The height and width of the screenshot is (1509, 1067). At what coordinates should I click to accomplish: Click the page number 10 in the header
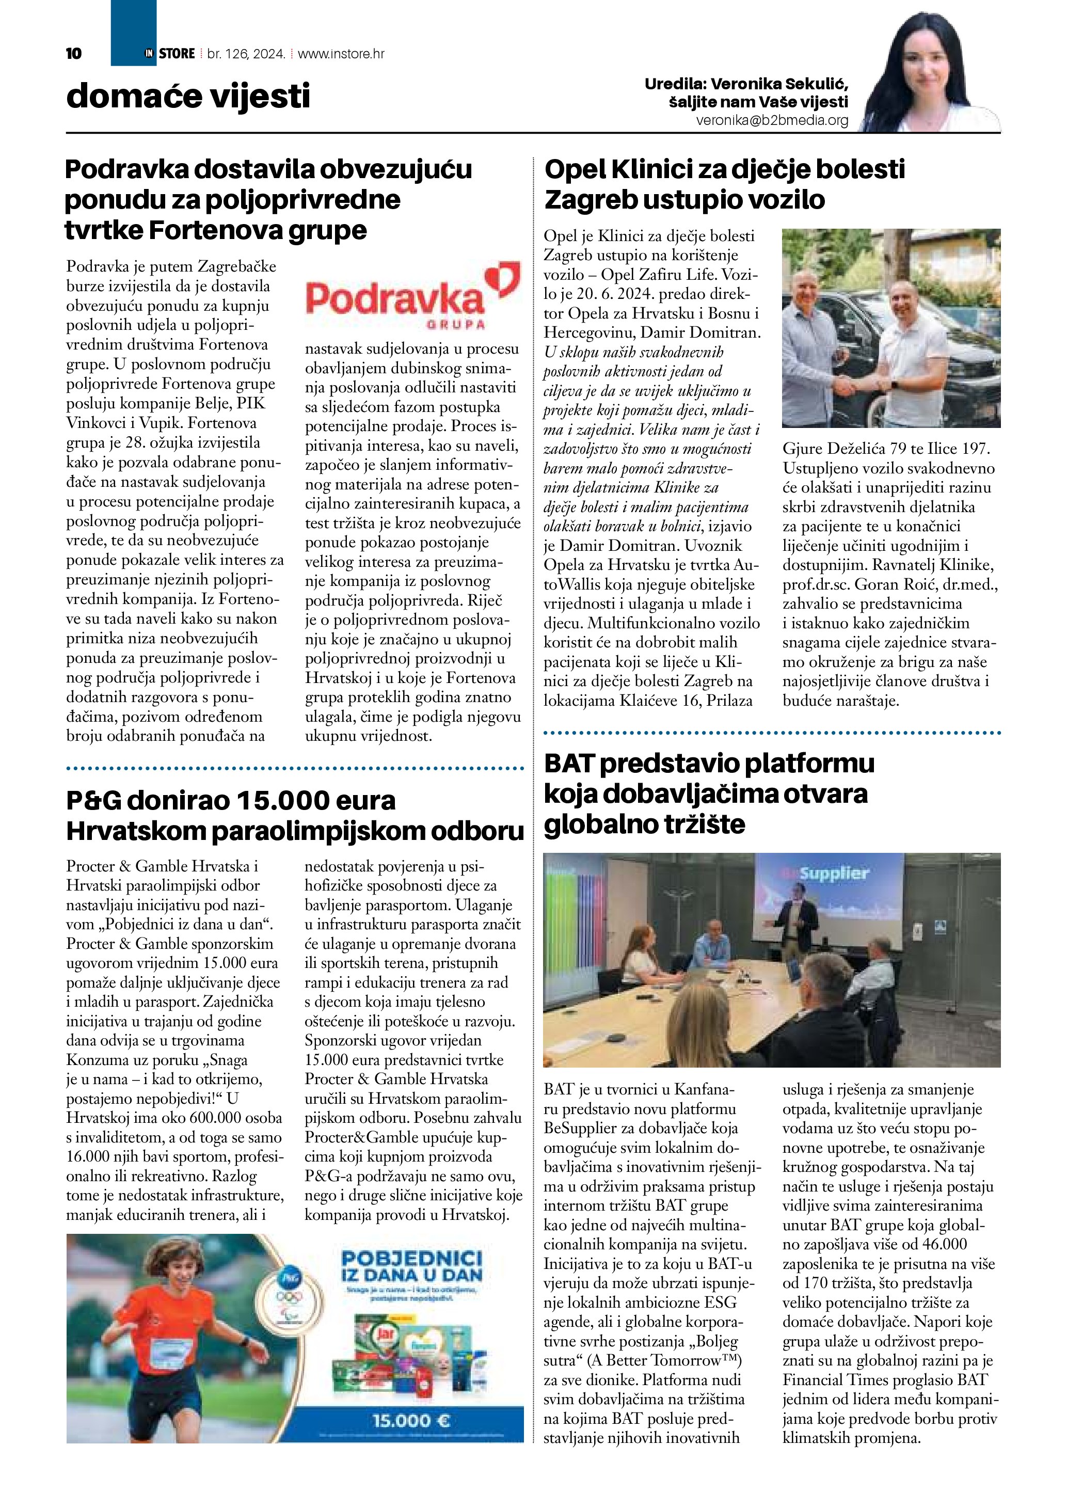[x=74, y=54]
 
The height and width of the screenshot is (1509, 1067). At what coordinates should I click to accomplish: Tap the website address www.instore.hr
[x=341, y=54]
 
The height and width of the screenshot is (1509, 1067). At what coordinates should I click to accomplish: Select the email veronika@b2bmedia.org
[x=772, y=121]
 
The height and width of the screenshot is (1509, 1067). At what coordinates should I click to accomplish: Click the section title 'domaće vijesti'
[x=188, y=97]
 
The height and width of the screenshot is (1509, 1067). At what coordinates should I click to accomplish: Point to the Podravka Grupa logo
[x=412, y=297]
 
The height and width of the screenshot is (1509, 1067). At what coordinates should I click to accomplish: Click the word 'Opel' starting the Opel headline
[x=576, y=169]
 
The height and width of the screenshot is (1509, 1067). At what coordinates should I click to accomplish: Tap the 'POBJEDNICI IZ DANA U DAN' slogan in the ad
[x=412, y=1266]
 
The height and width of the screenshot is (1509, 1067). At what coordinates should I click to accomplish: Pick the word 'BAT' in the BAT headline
[x=569, y=764]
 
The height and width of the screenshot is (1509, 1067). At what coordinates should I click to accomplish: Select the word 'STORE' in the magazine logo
[x=177, y=54]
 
